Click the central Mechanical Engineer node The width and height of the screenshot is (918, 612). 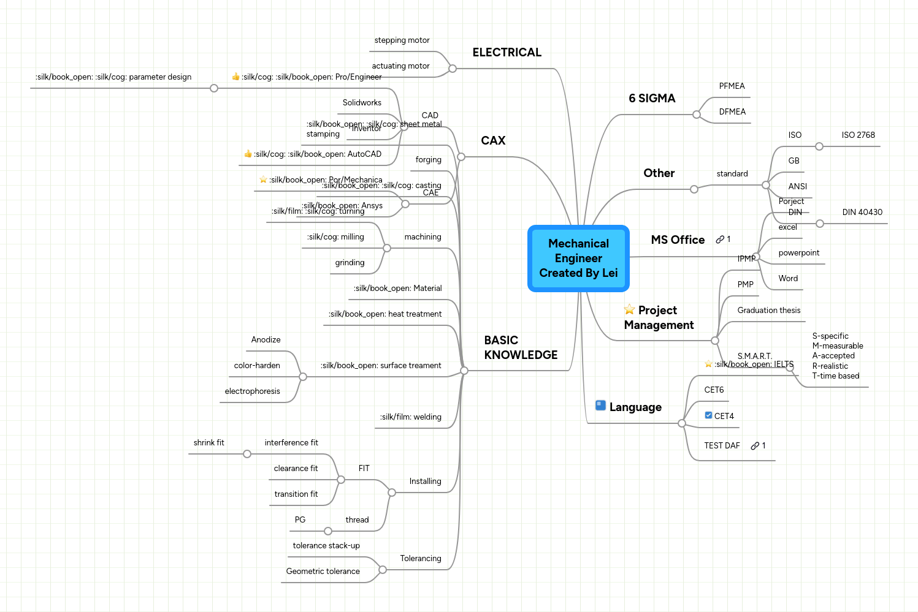click(x=578, y=258)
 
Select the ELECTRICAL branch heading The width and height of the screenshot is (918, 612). click(x=507, y=53)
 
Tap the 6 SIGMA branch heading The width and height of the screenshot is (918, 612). click(x=652, y=99)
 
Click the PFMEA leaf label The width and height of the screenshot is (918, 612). click(x=732, y=86)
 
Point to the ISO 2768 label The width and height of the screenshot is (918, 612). click(x=858, y=135)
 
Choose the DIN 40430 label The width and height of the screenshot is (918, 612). click(x=862, y=213)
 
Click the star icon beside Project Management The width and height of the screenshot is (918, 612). click(x=629, y=310)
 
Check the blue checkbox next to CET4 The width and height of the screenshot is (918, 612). click(x=708, y=415)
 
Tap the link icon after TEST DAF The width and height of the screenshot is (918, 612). click(x=755, y=446)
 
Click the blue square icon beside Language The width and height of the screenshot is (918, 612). click(x=601, y=406)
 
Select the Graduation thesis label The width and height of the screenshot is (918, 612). click(x=768, y=311)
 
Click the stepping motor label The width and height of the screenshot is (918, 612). click(x=402, y=40)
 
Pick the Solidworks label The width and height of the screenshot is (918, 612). click(x=362, y=103)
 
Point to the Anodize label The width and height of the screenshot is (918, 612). click(x=266, y=340)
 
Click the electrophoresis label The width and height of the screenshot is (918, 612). click(x=252, y=391)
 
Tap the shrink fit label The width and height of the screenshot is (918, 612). click(x=208, y=443)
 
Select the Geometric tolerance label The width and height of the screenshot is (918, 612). click(x=323, y=572)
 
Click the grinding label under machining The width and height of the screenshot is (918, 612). click(x=350, y=263)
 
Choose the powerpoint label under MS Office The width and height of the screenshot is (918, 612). click(x=798, y=253)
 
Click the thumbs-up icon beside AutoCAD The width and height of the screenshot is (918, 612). click(x=248, y=154)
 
